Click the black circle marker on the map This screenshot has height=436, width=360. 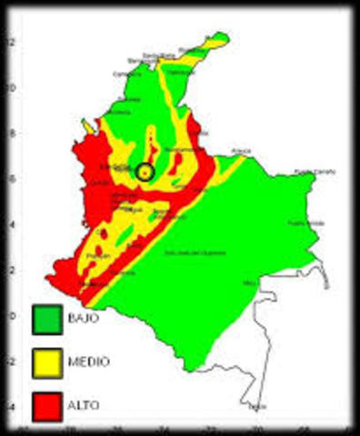(x=145, y=171)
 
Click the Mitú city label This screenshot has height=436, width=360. (x=251, y=282)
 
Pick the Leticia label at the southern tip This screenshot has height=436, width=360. (x=258, y=406)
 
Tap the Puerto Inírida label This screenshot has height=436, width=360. (x=305, y=223)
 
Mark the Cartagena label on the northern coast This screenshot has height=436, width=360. (x=126, y=74)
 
